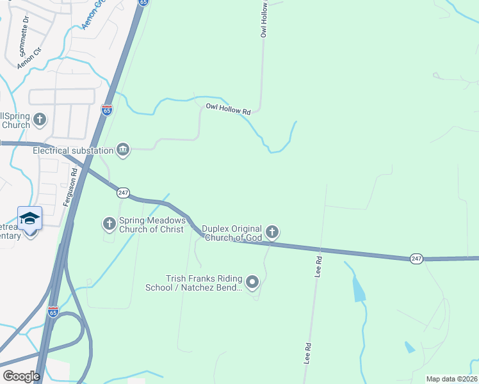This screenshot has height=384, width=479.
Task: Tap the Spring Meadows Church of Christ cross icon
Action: click(x=109, y=223)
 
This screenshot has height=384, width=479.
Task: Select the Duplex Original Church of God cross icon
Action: click(x=272, y=232)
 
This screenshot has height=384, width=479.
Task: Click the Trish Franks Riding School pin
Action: click(x=252, y=282)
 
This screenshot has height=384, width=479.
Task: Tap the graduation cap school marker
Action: click(x=29, y=219)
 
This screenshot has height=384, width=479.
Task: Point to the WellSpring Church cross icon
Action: click(x=40, y=119)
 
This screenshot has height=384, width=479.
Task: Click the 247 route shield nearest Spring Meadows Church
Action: click(x=124, y=192)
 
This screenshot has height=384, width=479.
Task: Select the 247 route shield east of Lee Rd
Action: click(x=416, y=258)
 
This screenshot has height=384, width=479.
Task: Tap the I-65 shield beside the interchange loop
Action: click(x=53, y=312)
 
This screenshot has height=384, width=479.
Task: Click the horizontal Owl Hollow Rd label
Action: click(x=228, y=109)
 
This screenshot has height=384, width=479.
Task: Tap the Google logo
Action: click(x=21, y=376)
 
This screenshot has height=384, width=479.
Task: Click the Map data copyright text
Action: click(x=452, y=379)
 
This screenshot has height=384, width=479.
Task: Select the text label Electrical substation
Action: click(x=73, y=150)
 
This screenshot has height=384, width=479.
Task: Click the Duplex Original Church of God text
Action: click(x=232, y=233)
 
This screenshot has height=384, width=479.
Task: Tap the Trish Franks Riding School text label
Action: click(x=204, y=283)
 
